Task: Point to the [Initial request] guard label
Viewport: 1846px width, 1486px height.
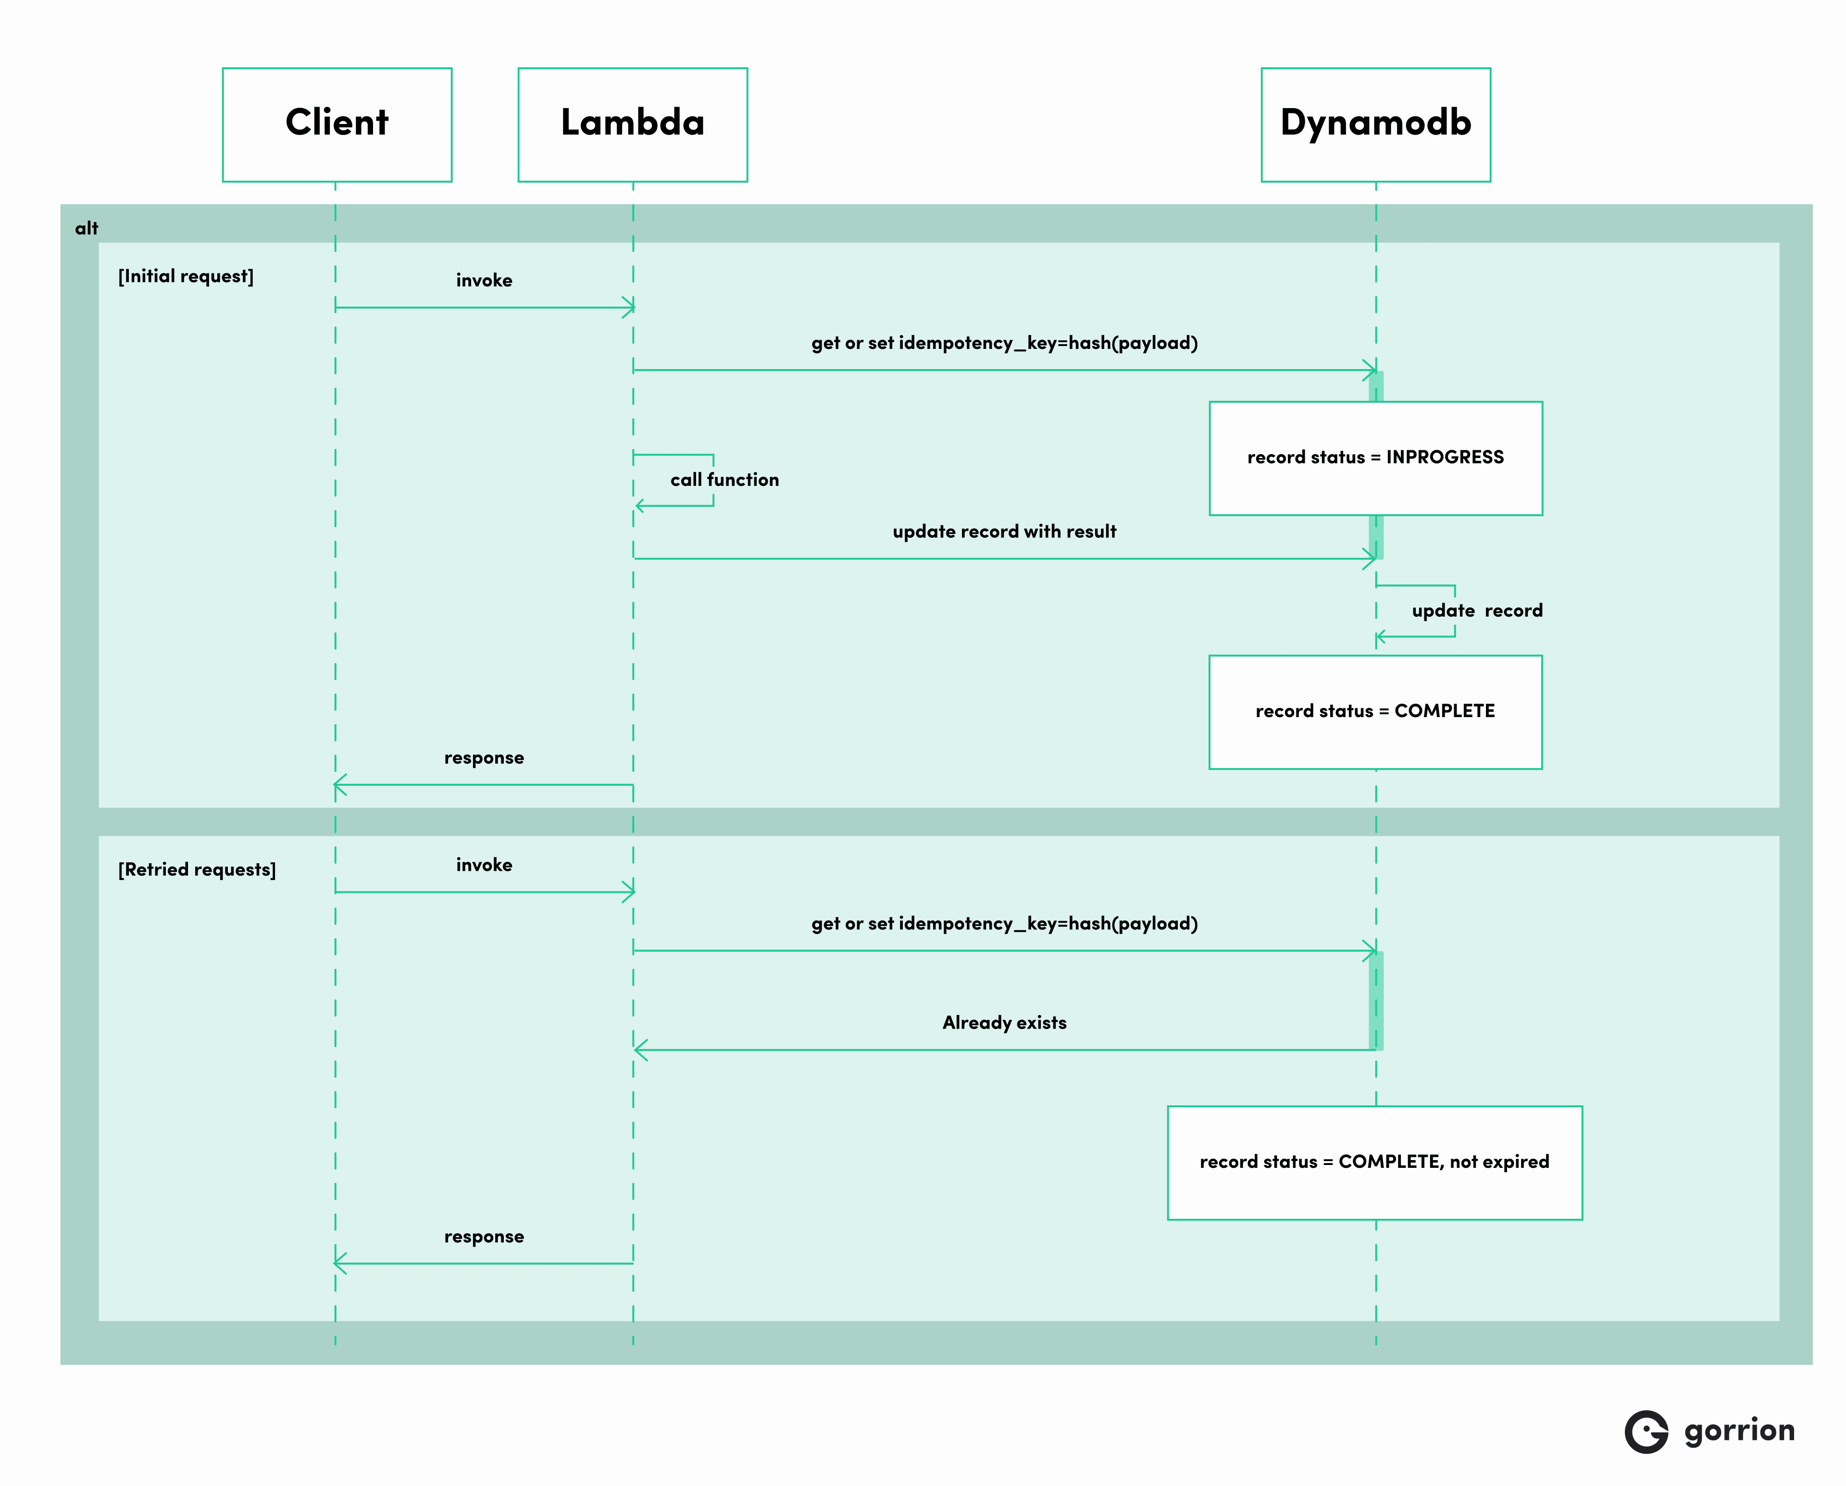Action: (186, 276)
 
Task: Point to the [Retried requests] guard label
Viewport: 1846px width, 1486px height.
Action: (197, 870)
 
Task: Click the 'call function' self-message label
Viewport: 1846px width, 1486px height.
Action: (724, 480)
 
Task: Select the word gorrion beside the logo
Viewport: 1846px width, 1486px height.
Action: (1738, 1430)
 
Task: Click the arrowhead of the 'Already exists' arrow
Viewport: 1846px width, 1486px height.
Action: (639, 1050)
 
